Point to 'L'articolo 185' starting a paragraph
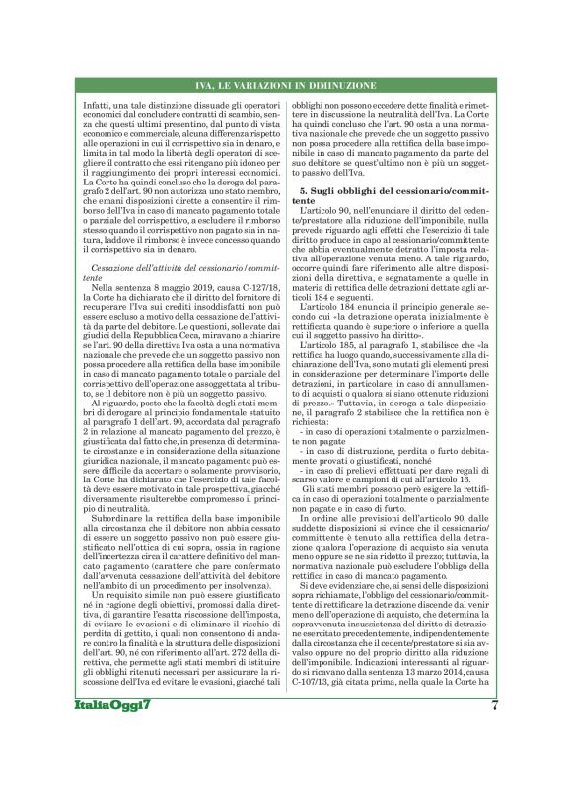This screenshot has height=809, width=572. (332, 403)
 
